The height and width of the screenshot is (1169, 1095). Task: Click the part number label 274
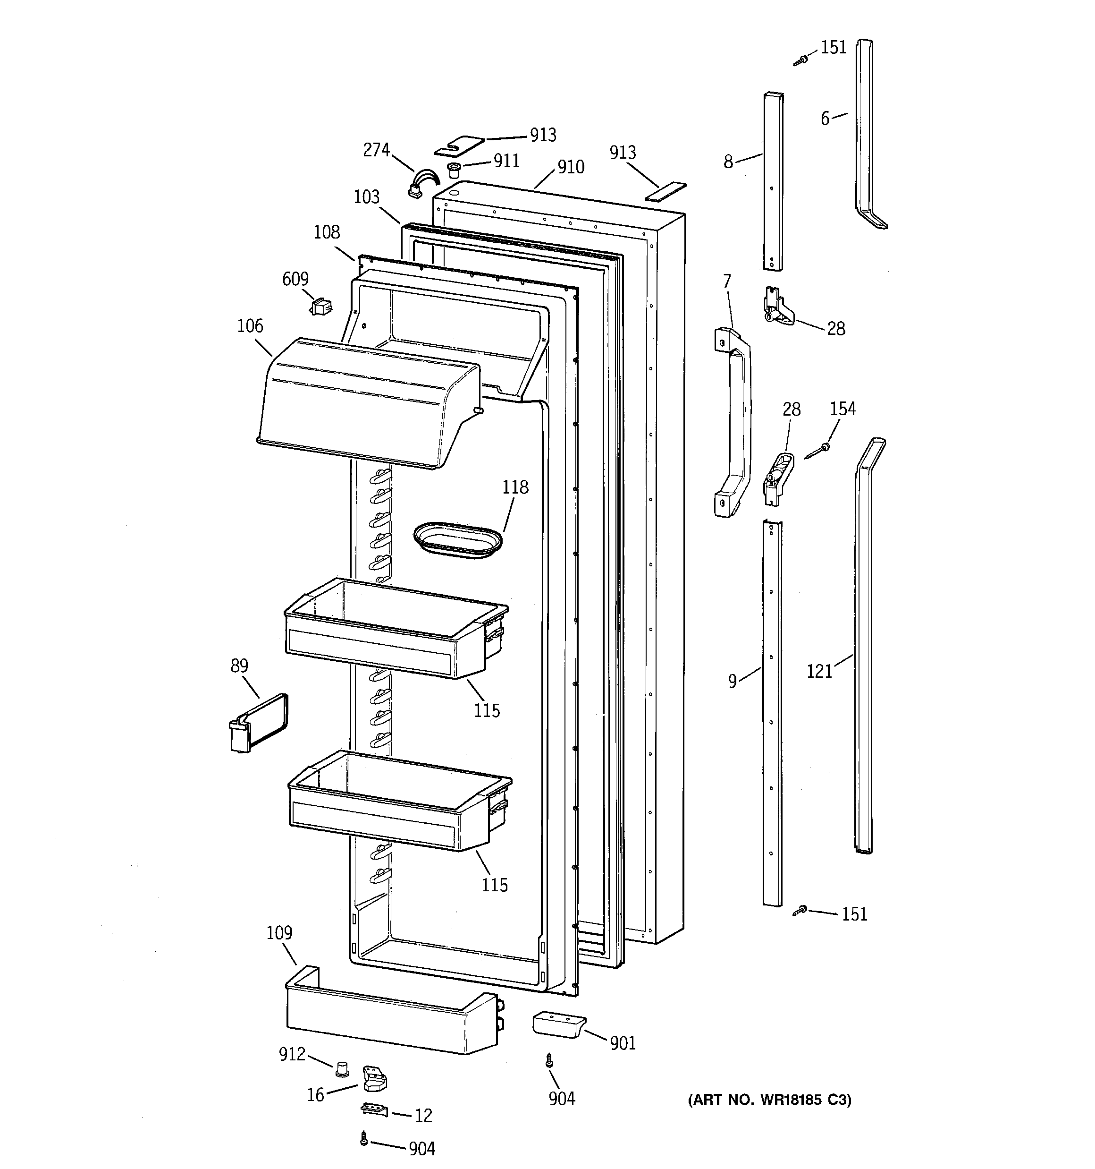point(376,151)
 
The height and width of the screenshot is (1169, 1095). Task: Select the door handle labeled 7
point(734,422)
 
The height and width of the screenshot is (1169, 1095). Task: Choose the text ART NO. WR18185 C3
point(769,1100)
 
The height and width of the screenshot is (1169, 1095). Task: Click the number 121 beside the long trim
point(819,671)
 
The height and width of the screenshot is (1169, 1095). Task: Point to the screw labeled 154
point(817,452)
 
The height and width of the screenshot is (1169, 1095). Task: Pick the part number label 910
point(571,167)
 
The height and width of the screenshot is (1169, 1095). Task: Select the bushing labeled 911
point(453,171)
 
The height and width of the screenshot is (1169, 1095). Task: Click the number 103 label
point(366,197)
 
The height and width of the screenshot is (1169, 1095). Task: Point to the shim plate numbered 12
point(374,1109)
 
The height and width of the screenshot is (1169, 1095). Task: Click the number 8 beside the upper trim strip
point(728,162)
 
